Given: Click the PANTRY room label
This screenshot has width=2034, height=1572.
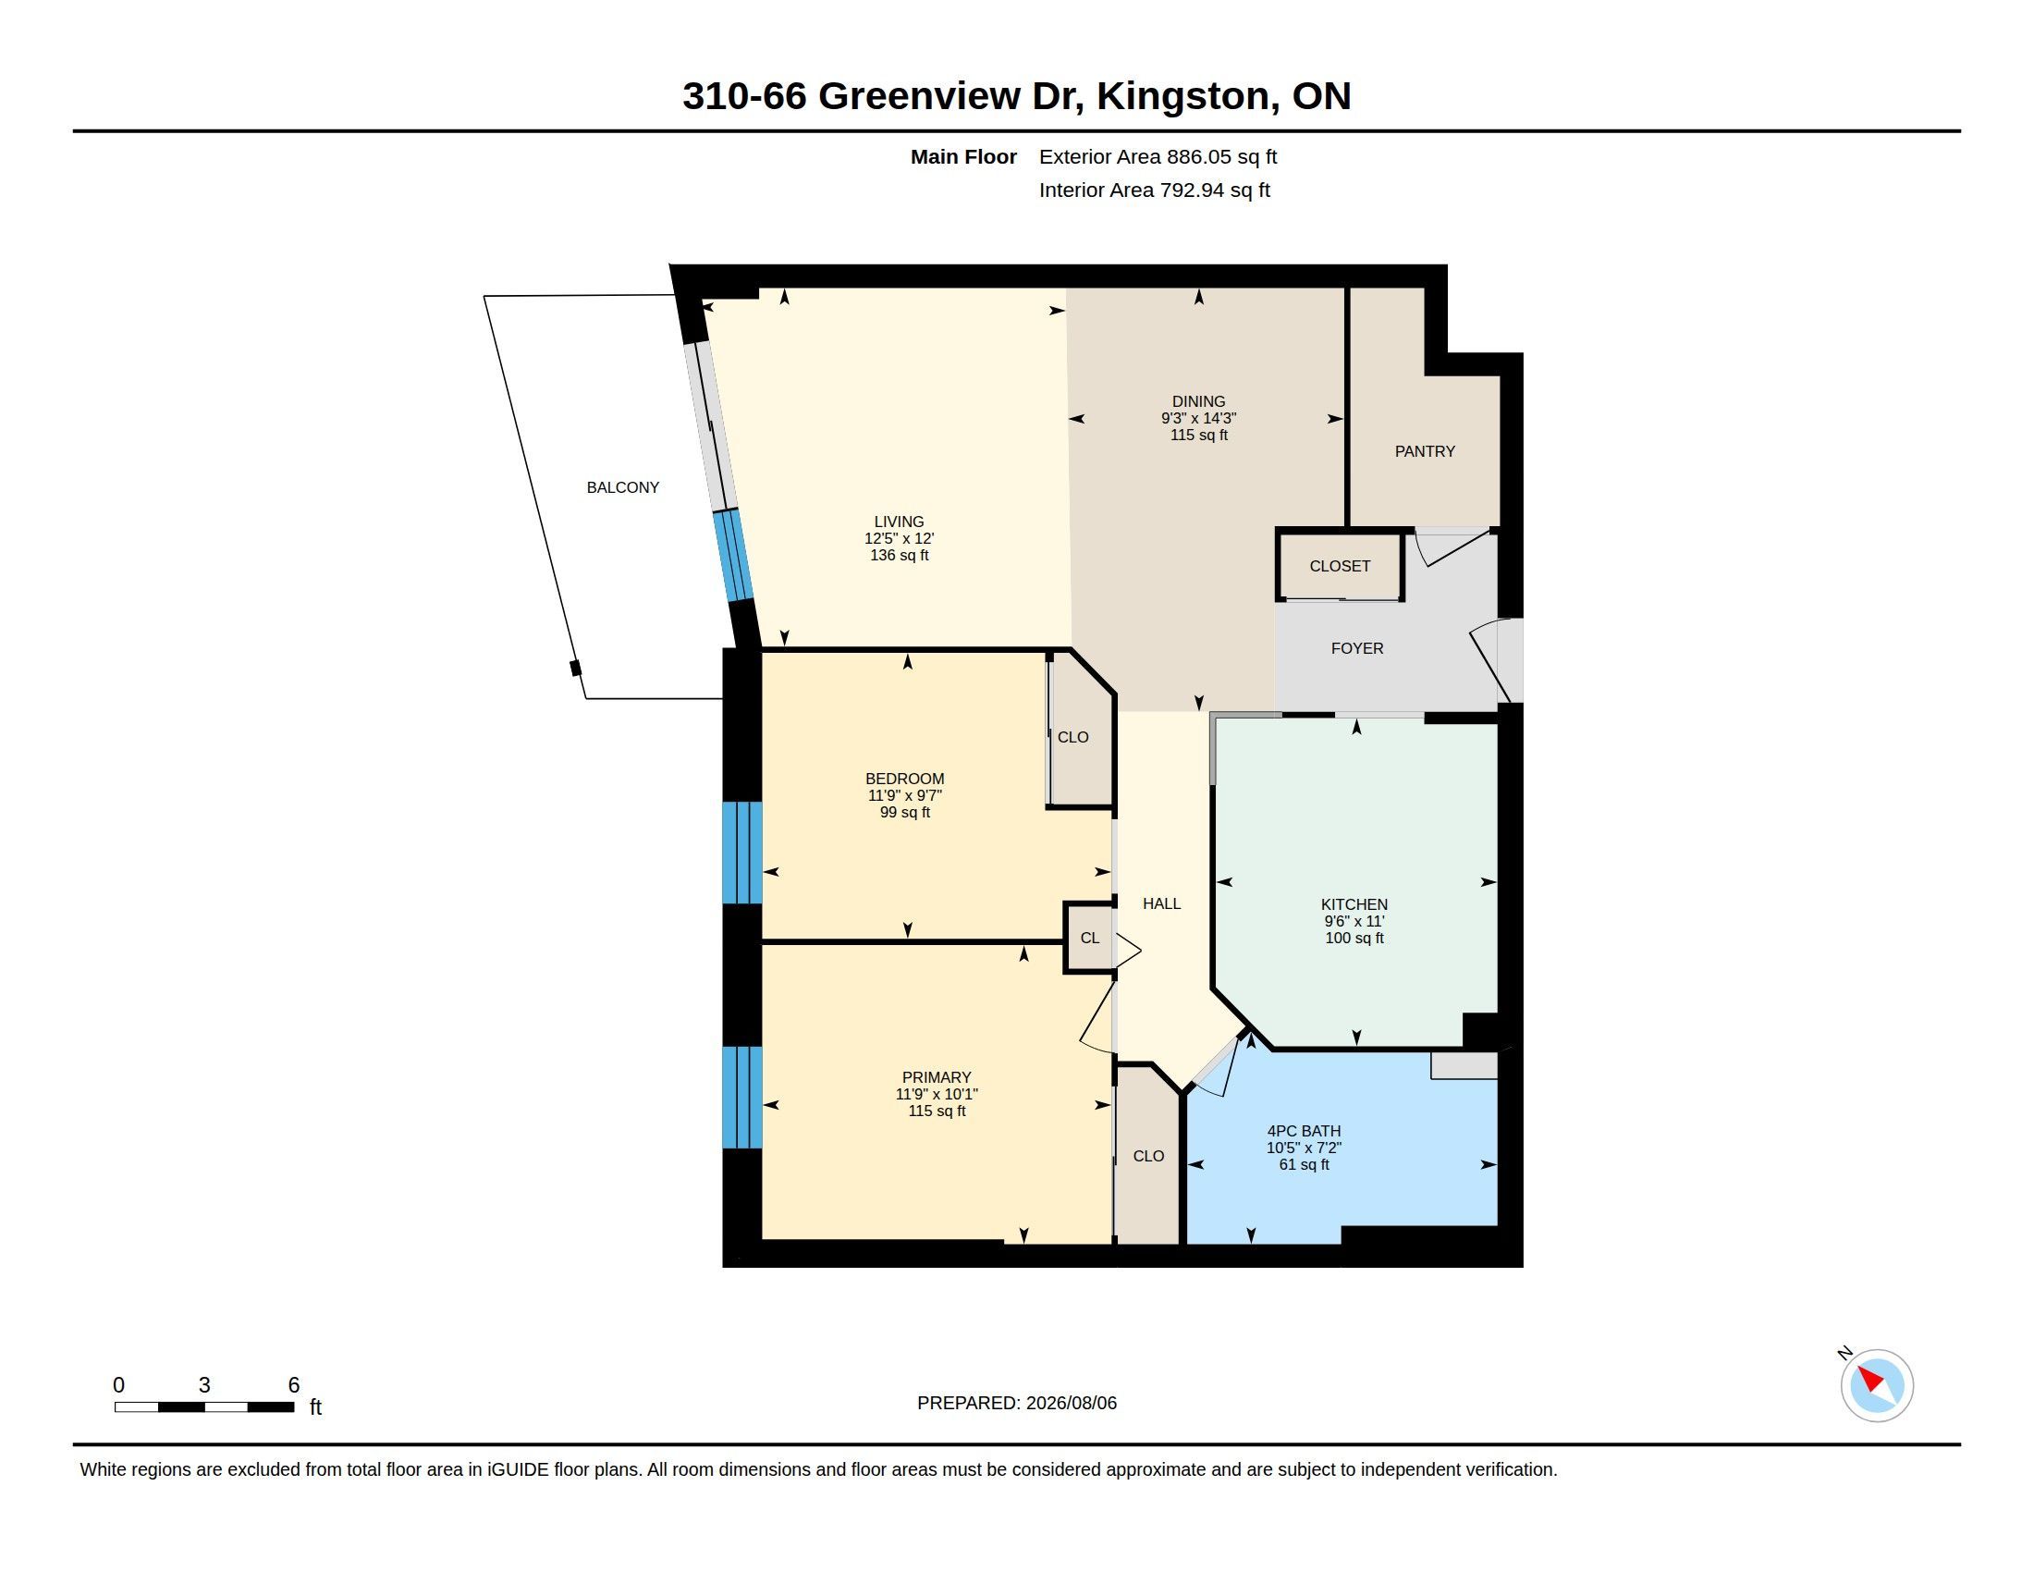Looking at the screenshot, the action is click(1424, 451).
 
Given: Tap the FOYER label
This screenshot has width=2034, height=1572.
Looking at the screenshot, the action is click(1357, 648).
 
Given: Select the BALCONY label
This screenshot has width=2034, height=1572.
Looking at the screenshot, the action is click(622, 487).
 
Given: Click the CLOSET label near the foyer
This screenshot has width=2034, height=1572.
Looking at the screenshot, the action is click(1340, 566).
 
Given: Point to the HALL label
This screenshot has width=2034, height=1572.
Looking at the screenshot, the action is click(1161, 903).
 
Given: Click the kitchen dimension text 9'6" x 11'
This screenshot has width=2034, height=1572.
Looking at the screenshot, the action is click(1354, 921).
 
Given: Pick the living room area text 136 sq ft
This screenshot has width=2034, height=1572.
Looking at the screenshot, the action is click(899, 555).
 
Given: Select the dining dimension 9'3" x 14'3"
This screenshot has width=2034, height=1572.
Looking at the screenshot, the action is click(1198, 419).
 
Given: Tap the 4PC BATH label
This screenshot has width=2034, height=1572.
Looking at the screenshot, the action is click(1304, 1131).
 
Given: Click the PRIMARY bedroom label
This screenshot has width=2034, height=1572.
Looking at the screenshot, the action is click(936, 1077).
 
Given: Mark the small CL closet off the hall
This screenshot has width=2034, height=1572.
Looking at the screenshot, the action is click(1090, 938).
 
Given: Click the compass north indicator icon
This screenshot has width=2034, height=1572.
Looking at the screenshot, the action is click(1877, 1385).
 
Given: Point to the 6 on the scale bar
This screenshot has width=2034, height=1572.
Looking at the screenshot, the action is click(293, 1385).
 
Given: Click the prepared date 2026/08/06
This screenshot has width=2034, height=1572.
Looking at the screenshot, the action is click(1071, 1403).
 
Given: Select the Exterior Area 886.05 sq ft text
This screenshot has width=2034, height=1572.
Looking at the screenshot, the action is click(1158, 156).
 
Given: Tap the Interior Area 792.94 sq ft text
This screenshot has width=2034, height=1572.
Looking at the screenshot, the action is click(1154, 190).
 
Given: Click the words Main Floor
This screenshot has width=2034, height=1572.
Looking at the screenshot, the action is click(963, 156).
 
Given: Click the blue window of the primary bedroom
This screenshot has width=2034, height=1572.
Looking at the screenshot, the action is click(742, 1097).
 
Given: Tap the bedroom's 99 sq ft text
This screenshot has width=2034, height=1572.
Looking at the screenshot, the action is click(904, 812).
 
